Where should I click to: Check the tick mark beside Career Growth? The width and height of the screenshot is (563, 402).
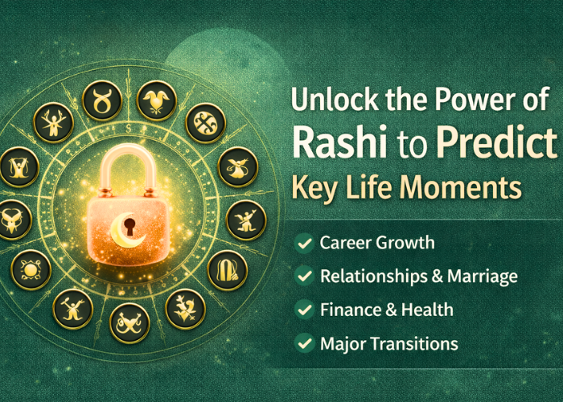pos(304,242)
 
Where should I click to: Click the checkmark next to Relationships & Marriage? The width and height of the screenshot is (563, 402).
pos(304,277)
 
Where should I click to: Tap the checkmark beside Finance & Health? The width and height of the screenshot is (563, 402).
pos(304,310)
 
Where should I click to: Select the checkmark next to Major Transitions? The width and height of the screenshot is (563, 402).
pos(304,344)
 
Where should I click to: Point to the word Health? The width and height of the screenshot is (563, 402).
pos(427,310)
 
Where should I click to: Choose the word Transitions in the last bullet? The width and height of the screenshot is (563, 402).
pos(417,344)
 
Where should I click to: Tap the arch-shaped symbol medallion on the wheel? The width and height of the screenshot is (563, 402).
pos(226,266)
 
